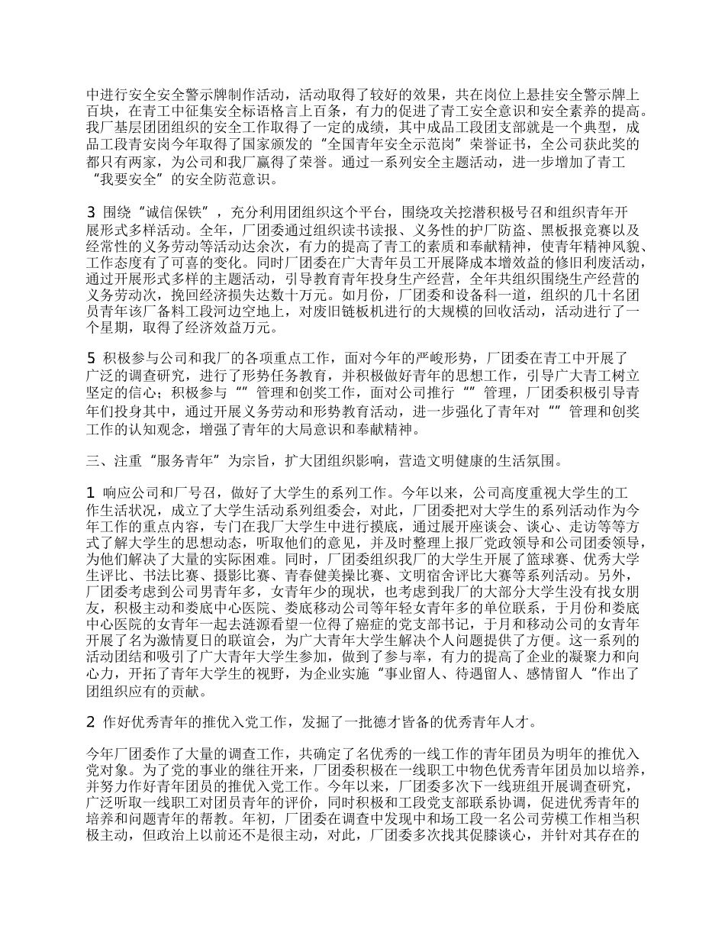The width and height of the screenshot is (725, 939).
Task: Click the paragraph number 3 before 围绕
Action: coord(92,211)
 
